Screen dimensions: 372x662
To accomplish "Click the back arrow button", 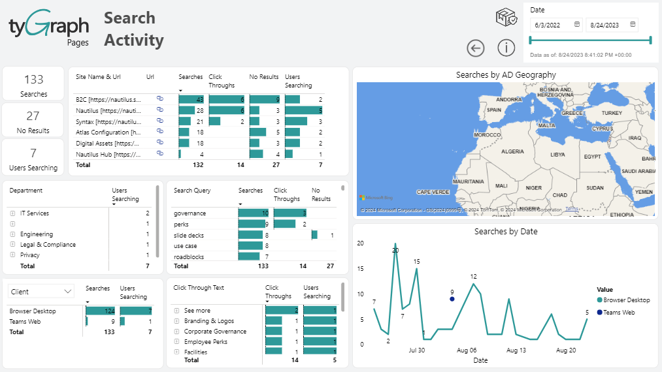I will (x=476, y=48).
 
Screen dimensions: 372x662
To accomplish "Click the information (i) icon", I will (x=506, y=48).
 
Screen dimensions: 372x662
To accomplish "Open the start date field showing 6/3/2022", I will (x=556, y=25).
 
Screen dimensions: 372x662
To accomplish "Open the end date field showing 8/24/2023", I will (x=611, y=25).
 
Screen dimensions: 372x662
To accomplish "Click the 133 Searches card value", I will (x=33, y=80).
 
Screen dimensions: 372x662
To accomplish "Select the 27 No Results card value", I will (x=33, y=116).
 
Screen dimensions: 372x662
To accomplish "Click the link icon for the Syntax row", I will (x=159, y=121).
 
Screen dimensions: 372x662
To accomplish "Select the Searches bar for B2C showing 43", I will (x=191, y=99).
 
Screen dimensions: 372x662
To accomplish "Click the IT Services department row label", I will (x=35, y=213).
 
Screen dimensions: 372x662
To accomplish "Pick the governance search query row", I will (x=190, y=213).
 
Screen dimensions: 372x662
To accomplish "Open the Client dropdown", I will (x=41, y=291).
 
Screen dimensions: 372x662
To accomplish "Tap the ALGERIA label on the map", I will (x=512, y=151).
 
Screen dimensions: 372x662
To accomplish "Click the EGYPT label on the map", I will (x=592, y=157).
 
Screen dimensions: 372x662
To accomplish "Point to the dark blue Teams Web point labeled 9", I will (x=452, y=299).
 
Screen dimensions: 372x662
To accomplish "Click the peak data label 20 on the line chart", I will (x=395, y=250).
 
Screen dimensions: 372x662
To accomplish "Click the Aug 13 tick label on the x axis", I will (x=516, y=350).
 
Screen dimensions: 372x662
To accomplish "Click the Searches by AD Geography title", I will (x=506, y=75).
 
